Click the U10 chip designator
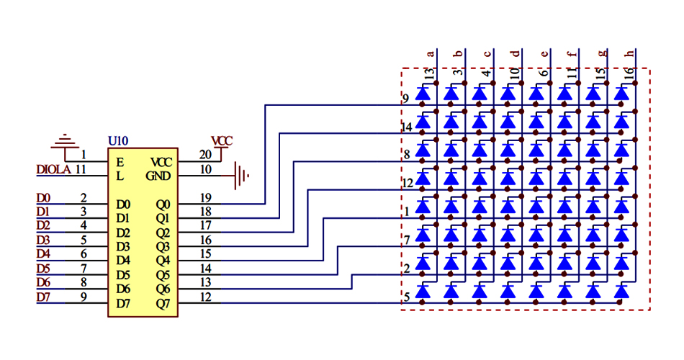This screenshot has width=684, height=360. (117, 140)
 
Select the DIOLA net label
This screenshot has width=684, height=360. (53, 170)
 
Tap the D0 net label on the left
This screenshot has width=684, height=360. (43, 198)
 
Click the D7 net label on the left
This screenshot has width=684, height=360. (43, 297)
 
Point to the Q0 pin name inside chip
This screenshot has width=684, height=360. (163, 204)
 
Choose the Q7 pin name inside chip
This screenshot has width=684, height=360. (163, 303)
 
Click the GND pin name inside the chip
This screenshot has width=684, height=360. (159, 176)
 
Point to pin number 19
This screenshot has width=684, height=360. (205, 197)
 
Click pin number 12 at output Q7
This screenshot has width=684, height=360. (205, 296)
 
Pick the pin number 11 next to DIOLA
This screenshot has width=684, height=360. (81, 169)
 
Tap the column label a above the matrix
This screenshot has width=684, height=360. (431, 53)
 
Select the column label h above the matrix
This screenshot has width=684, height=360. (629, 53)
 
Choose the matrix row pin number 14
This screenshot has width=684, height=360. (406, 127)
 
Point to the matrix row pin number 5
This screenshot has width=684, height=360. (407, 296)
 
